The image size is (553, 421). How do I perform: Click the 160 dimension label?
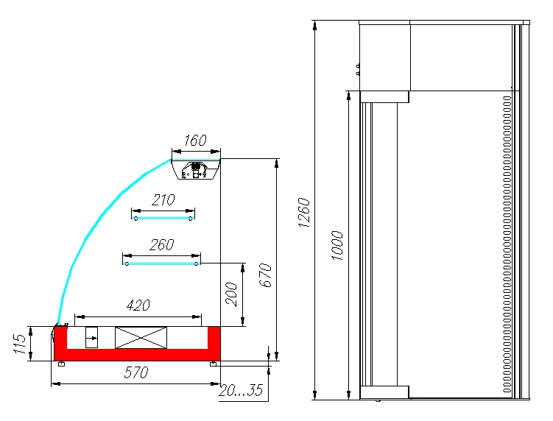point(195,141)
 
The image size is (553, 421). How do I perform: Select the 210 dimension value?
point(163,200)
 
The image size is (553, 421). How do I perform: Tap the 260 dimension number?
point(162,244)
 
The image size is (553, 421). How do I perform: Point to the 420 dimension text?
point(138,305)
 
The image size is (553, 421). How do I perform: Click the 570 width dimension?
point(136,372)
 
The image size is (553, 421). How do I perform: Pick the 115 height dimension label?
point(20,344)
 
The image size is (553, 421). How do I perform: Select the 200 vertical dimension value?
point(232,294)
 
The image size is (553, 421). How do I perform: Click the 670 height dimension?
point(267,275)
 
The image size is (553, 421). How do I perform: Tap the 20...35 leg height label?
point(242,390)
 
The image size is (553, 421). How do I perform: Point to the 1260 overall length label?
point(304,212)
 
